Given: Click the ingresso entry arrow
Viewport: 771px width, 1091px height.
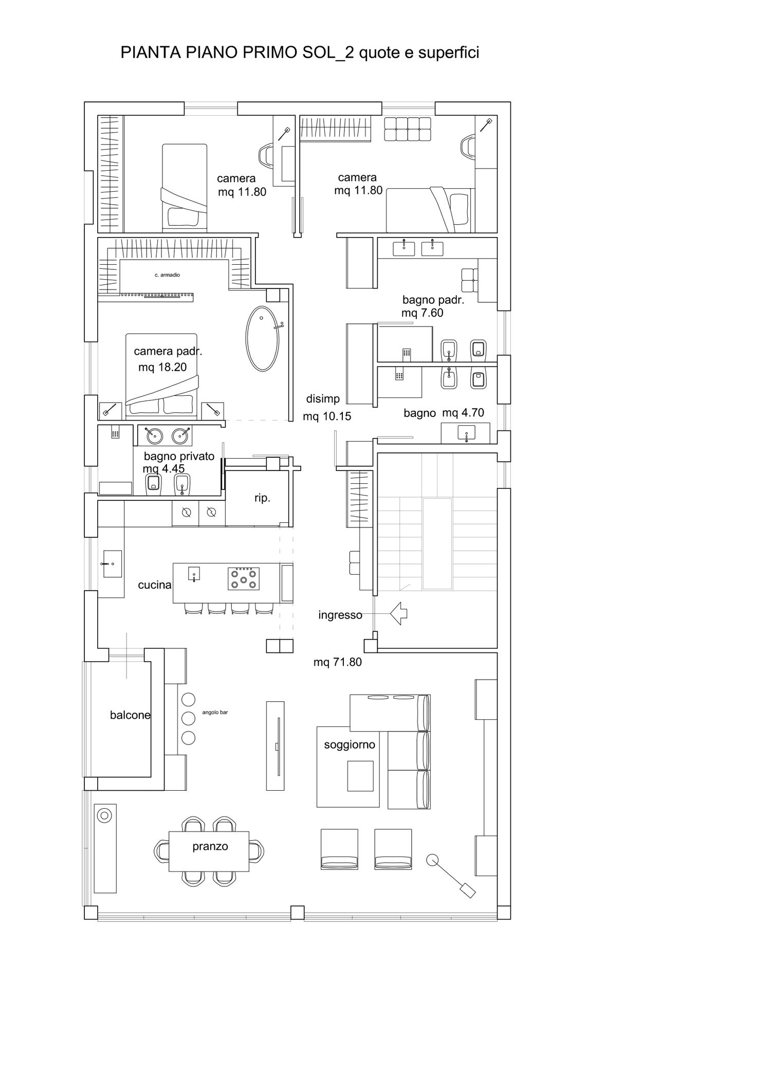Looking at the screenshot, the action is (398, 613).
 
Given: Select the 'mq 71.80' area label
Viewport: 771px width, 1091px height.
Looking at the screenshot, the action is (338, 662).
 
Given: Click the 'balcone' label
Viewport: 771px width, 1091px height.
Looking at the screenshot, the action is (130, 715).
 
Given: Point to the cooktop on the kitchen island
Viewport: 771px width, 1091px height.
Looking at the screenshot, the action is (244, 578).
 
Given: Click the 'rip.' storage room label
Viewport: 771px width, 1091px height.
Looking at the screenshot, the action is (262, 498).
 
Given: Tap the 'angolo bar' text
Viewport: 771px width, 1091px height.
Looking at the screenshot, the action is (215, 713).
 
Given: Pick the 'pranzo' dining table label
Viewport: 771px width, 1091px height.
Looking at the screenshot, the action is (210, 847).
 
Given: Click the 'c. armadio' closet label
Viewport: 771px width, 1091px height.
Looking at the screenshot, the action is (168, 275).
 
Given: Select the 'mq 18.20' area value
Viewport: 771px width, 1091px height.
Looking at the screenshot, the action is (162, 367).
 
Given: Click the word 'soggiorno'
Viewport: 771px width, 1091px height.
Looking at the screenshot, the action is (350, 745).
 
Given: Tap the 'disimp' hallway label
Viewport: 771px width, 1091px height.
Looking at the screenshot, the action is (323, 399).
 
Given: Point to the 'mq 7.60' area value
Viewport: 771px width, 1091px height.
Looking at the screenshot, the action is (423, 313).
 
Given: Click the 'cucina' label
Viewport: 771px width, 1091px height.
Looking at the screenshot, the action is (155, 585).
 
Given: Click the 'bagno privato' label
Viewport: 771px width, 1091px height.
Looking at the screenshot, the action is (179, 456).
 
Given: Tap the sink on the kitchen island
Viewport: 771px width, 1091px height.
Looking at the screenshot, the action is (193, 574).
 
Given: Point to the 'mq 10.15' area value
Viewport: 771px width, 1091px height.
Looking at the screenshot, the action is (327, 416).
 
